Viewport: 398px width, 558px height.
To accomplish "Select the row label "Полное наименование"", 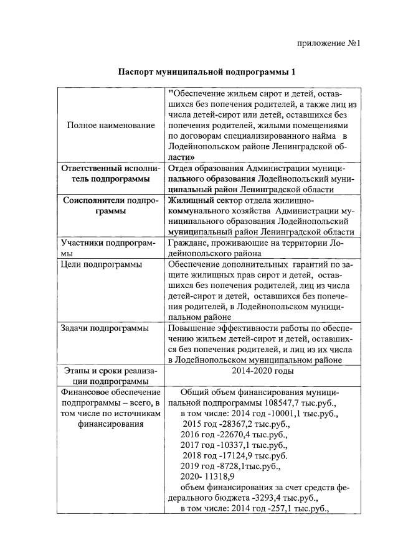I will [x=110, y=126].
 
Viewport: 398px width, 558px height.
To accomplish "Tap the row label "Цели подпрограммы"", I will [x=100, y=264].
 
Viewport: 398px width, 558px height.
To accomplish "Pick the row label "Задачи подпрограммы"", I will [x=103, y=328].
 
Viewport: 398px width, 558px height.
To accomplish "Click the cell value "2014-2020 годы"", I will [x=261, y=371].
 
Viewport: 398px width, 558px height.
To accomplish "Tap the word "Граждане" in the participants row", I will [x=189, y=243].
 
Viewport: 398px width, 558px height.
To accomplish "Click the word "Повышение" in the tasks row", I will [x=191, y=328].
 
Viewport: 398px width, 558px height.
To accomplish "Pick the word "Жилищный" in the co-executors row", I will [x=190, y=200].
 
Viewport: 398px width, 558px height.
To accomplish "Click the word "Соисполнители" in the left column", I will [x=94, y=200].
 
